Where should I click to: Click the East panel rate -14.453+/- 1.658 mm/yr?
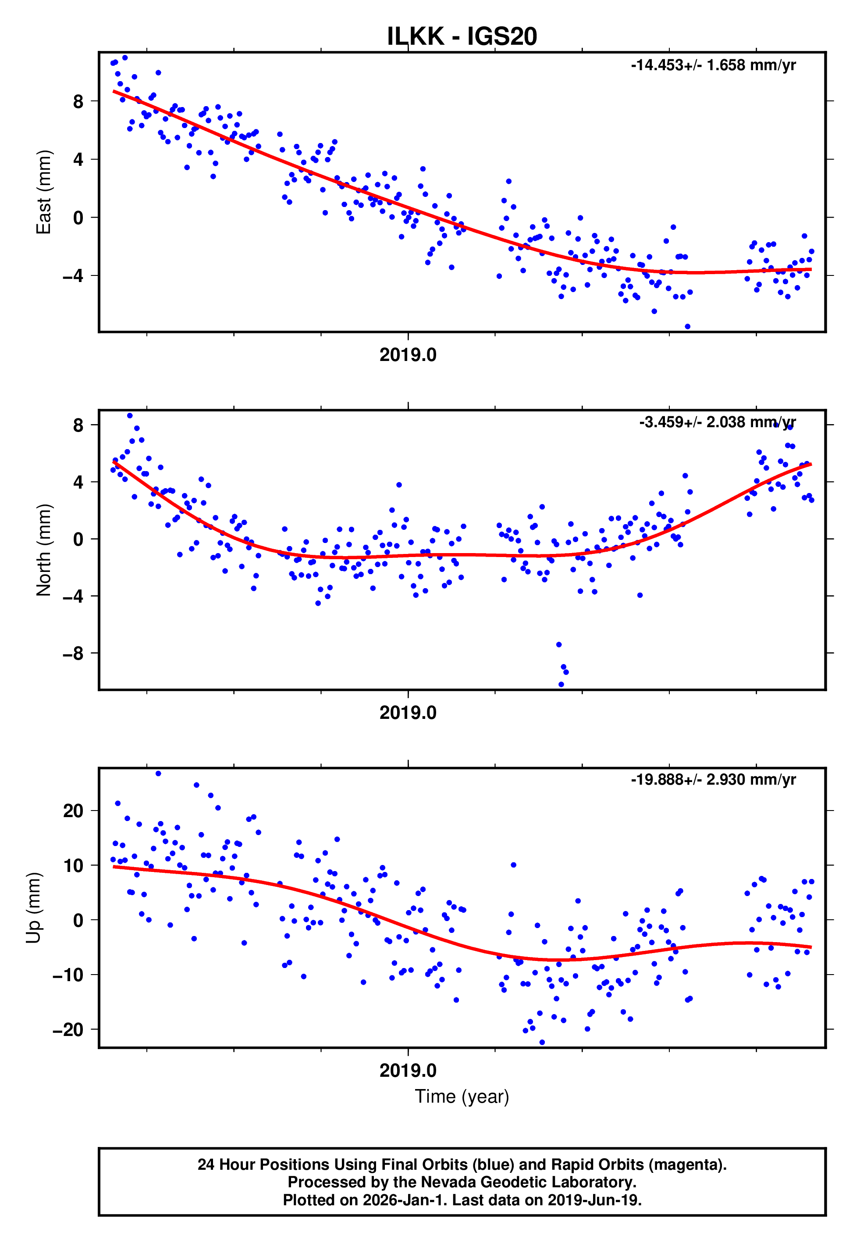(713, 65)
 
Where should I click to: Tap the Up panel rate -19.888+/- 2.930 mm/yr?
(713, 779)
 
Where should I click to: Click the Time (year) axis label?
(462, 1097)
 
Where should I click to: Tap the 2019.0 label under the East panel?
(408, 355)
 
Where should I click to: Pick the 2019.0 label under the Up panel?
(408, 1071)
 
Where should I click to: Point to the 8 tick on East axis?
(78, 101)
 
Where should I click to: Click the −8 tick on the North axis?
(73, 654)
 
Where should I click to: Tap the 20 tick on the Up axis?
(73, 811)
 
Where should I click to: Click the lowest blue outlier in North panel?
(561, 685)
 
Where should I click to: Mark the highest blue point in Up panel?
(158, 774)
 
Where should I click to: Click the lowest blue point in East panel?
(687, 327)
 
